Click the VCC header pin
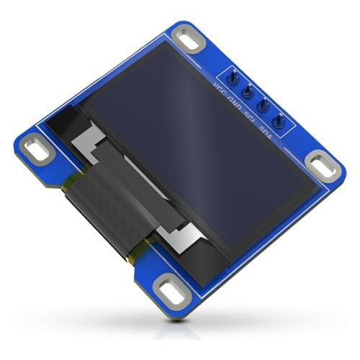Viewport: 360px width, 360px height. tap(233, 76)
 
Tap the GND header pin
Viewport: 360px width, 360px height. tap(248, 91)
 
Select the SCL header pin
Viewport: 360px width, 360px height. tap(263, 107)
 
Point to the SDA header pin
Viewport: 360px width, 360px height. tap(279, 123)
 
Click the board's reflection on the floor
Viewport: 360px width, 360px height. tap(180, 331)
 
